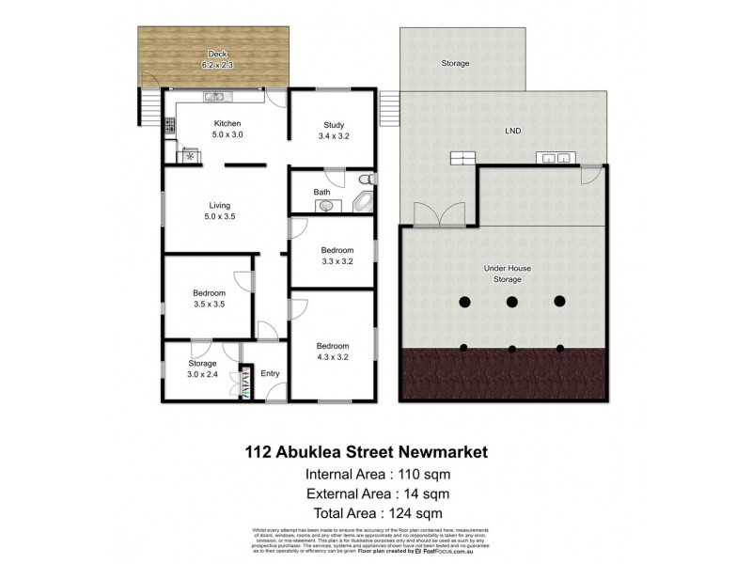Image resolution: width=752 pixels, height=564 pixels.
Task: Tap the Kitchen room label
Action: click(x=227, y=123)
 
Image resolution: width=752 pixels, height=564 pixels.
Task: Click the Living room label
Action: click(x=220, y=205)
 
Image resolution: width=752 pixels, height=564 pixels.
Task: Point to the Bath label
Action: click(x=321, y=193)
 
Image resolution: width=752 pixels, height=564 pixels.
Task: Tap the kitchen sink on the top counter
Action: click(x=214, y=96)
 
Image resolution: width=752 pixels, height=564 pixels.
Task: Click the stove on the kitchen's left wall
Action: click(x=171, y=125)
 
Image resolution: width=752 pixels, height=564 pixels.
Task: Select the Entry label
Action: click(x=271, y=374)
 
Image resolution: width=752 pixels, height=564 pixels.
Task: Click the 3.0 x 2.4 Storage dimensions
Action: click(x=202, y=374)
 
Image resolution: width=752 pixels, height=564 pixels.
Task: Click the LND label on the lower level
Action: click(x=512, y=131)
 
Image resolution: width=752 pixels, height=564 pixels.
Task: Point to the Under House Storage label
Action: click(x=508, y=274)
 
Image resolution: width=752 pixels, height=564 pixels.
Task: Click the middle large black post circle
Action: click(x=512, y=302)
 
